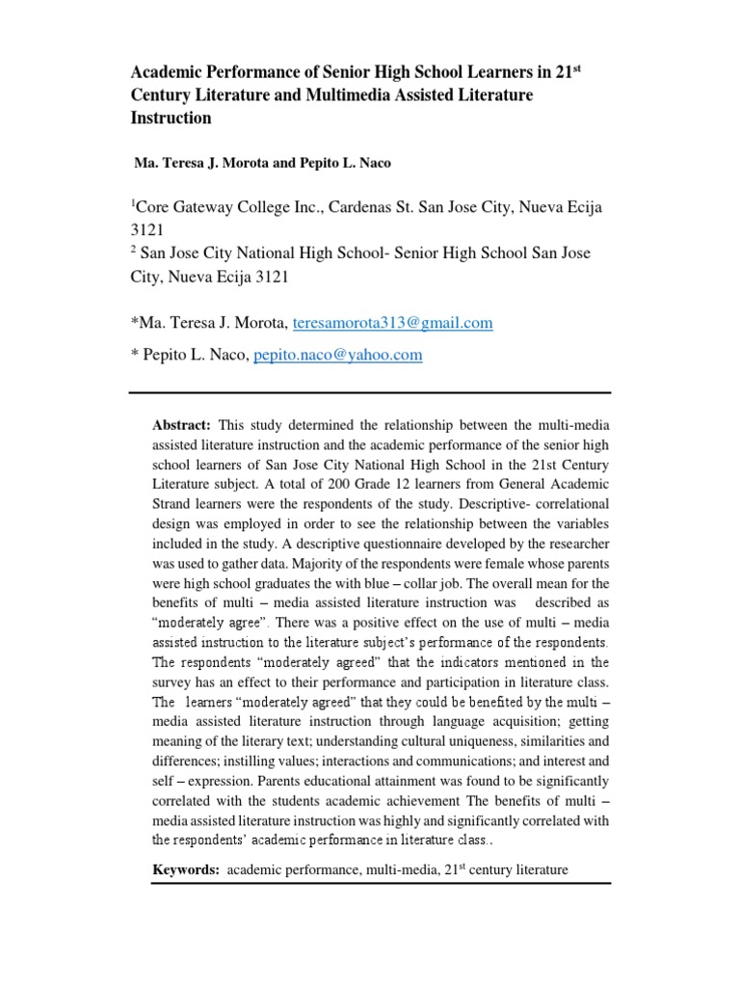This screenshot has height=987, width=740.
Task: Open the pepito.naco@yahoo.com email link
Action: pos(337,355)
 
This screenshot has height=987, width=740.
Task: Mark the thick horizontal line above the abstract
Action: pos(370,392)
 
